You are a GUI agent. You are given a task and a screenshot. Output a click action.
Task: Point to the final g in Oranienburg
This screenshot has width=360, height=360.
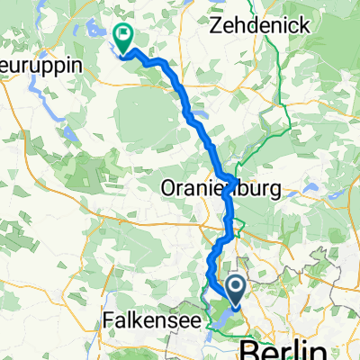[274, 192]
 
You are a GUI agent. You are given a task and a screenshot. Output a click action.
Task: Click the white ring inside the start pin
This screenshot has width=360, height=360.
[236, 288]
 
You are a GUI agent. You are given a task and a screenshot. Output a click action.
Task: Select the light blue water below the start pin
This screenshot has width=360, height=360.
[220, 318]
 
